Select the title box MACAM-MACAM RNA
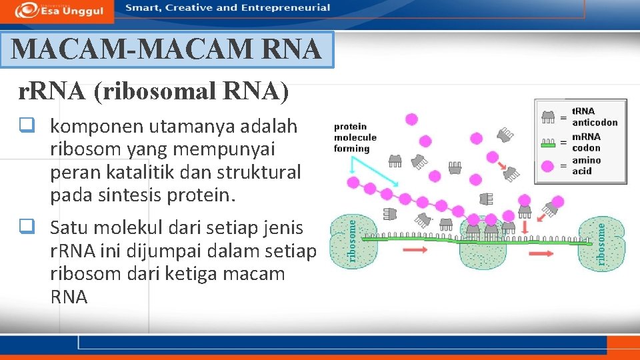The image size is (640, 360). (167, 49)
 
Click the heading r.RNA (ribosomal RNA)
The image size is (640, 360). (154, 92)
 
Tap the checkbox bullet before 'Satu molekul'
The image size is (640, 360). (27, 228)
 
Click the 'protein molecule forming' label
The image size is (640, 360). (355, 137)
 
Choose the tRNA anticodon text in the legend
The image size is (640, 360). (594, 117)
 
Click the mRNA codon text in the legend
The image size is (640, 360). (586, 142)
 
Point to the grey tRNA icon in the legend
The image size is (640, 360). (549, 117)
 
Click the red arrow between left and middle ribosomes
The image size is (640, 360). (415, 249)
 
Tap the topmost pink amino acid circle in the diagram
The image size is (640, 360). (411, 119)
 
